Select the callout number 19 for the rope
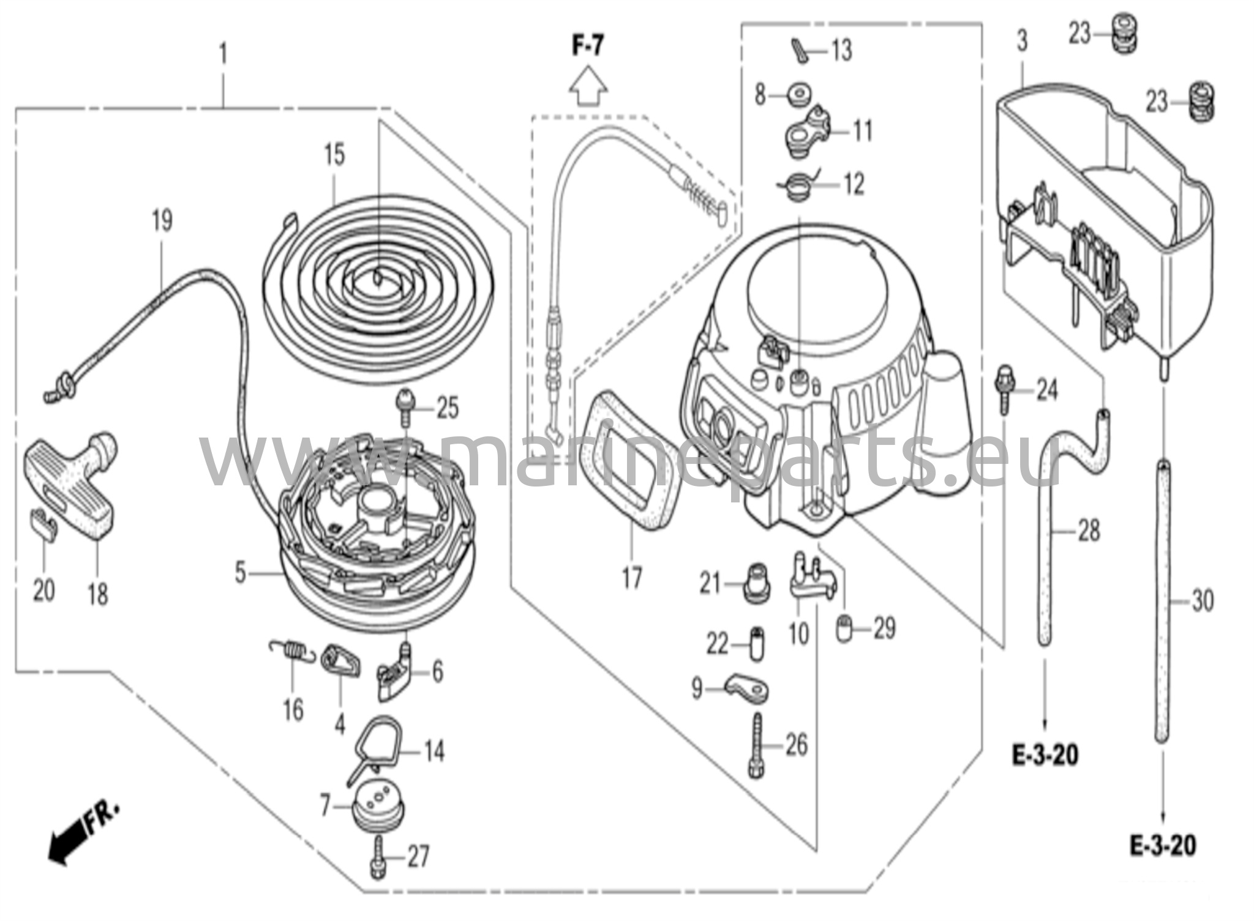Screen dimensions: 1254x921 [x=162, y=222]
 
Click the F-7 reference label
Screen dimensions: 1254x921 [x=588, y=47]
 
